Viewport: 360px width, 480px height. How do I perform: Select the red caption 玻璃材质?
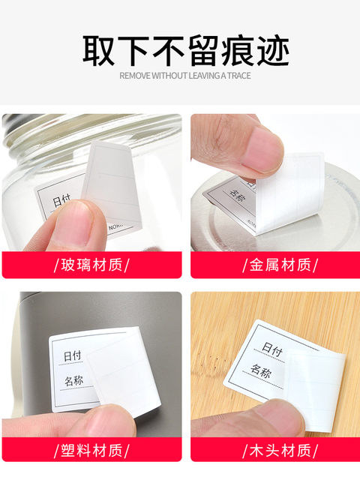click(x=91, y=264)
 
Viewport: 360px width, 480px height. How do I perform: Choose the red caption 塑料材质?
click(x=91, y=451)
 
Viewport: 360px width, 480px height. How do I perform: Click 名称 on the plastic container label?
click(x=73, y=381)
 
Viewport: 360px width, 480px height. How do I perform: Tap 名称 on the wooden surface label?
click(x=262, y=370)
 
